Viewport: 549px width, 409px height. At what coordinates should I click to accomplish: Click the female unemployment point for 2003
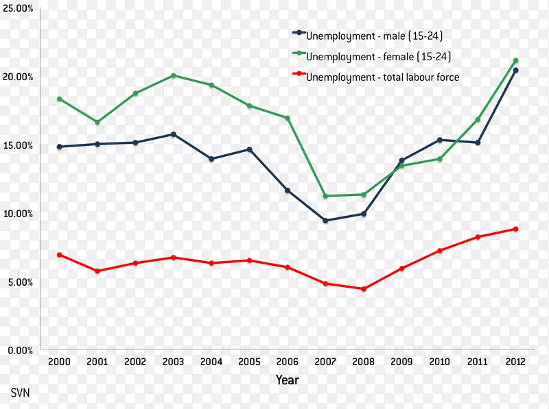click(174, 75)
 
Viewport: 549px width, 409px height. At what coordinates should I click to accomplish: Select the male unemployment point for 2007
click(325, 221)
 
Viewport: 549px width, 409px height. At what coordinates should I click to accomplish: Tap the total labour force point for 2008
click(364, 289)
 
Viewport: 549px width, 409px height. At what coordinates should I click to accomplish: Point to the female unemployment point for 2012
click(515, 60)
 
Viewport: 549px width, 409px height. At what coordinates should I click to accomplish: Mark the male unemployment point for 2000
click(60, 147)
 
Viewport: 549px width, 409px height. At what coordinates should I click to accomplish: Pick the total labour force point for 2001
click(97, 271)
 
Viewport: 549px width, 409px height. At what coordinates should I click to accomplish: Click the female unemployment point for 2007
click(325, 196)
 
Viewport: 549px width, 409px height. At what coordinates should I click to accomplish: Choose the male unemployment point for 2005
click(250, 149)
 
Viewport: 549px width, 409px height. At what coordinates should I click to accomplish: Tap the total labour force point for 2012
click(515, 229)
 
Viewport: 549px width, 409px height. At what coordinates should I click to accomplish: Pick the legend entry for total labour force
click(382, 77)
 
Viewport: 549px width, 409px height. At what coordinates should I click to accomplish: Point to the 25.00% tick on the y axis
click(18, 8)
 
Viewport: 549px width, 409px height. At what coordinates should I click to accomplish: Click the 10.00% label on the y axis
click(18, 214)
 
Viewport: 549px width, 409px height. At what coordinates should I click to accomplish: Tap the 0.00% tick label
click(20, 351)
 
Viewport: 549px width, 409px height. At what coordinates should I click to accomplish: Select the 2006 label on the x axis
click(288, 362)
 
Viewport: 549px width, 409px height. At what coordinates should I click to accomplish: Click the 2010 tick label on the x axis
click(439, 362)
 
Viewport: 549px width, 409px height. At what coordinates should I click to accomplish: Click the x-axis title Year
click(287, 380)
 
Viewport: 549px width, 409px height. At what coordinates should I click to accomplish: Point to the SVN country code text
click(21, 394)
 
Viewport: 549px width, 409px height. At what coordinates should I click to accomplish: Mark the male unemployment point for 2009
click(401, 160)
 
